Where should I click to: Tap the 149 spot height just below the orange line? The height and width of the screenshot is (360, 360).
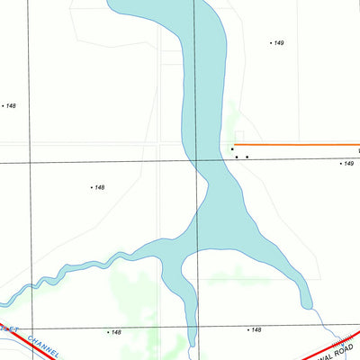pos(347,164)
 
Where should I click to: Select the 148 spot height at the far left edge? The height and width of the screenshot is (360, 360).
pos(10,106)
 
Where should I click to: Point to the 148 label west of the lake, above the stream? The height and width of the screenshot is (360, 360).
pos(98,187)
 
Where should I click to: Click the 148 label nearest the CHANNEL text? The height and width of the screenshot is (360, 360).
pos(114,332)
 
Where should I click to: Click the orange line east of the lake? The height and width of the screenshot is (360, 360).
pos(297,145)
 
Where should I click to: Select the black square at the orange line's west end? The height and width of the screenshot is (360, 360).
pos(232,148)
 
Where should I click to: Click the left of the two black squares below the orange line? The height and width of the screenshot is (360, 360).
pos(237,157)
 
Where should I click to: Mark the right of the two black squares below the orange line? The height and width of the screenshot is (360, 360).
pos(247,157)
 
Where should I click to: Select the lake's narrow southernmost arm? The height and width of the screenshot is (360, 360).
pos(190,315)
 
